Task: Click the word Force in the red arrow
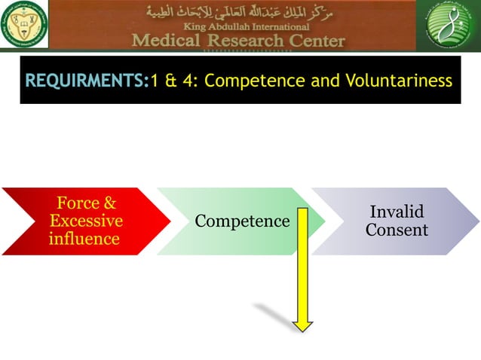77,203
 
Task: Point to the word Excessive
85,221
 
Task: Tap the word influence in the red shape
84,239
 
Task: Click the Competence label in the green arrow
242,221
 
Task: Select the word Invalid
397,212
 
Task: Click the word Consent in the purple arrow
397,230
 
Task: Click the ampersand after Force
109,203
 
